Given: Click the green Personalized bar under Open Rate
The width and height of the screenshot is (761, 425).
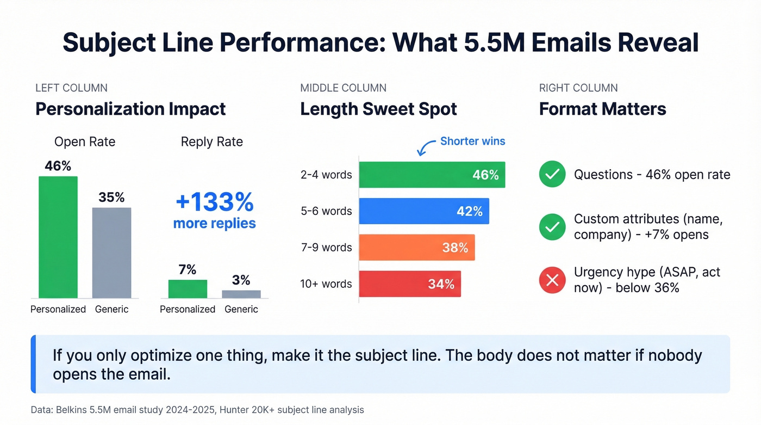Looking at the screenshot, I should tap(58, 237).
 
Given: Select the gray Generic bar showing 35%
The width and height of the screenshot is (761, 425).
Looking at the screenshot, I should tap(111, 252).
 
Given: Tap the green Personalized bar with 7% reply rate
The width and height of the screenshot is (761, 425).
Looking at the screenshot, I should tap(188, 288).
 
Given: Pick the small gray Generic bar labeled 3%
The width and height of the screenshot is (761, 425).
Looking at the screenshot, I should tap(241, 294).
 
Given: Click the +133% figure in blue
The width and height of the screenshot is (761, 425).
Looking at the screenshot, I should tap(214, 202).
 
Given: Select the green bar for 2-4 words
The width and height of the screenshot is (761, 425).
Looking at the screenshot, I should tap(432, 175).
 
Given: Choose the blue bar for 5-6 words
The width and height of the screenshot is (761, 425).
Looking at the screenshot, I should tap(424, 211).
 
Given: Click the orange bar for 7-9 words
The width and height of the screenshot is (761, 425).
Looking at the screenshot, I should tap(417, 248).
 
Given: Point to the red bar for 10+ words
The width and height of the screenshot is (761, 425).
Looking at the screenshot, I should tap(410, 284).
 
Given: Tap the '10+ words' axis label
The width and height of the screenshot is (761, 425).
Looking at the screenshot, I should tap(326, 284).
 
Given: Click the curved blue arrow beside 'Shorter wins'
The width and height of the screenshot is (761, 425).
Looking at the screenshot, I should tap(426, 146).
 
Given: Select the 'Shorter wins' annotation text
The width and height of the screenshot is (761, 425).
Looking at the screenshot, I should tap(472, 141).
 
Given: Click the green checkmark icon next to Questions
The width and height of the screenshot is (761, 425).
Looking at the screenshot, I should tap(552, 175).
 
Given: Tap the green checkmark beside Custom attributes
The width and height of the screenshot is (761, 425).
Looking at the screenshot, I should tap(552, 227).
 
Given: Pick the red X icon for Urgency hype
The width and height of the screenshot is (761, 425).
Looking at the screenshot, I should tap(552, 280).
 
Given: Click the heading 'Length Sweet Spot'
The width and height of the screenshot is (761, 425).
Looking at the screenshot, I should tap(378, 109).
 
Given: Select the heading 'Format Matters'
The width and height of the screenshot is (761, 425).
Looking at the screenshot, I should tap(602, 109).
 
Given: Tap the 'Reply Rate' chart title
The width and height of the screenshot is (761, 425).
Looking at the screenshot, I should tap(211, 142).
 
